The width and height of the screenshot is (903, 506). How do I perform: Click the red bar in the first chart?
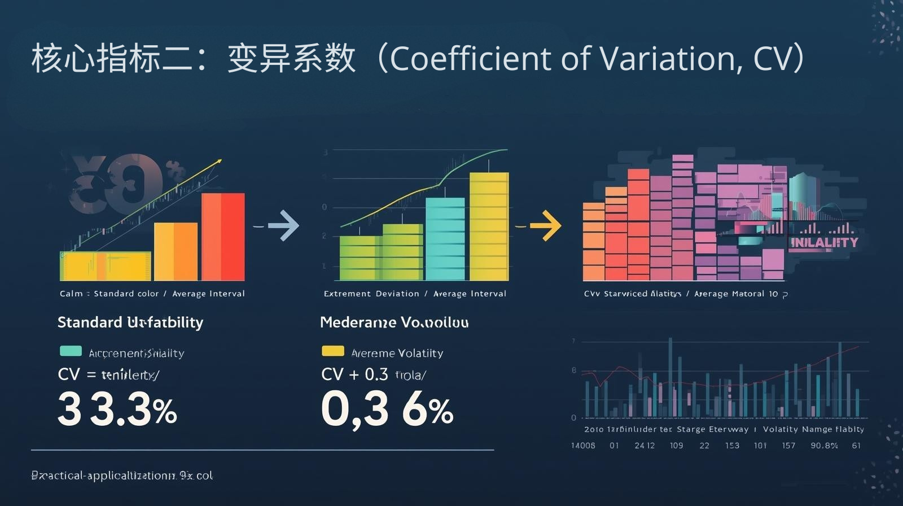[x=223, y=237]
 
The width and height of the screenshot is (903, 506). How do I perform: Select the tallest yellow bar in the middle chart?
[x=489, y=226]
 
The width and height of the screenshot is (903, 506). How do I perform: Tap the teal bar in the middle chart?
[x=445, y=239]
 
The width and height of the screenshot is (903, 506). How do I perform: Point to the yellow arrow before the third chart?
[x=545, y=226]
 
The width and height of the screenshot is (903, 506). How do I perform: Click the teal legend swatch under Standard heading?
[x=71, y=351]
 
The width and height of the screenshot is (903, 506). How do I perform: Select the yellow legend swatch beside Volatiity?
[x=332, y=351]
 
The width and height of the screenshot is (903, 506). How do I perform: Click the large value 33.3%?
[x=117, y=410]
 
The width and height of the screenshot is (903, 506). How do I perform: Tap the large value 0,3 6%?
[x=387, y=410]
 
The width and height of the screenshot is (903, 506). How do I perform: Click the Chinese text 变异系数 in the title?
[x=291, y=58]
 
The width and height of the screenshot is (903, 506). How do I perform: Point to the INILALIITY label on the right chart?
[x=824, y=243]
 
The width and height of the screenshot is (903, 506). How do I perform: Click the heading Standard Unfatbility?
[x=130, y=322]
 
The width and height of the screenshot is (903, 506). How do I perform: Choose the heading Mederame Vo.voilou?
[x=394, y=322]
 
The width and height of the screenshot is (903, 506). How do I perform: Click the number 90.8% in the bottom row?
[x=824, y=446]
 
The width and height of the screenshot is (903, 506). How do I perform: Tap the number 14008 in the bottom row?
[x=583, y=446]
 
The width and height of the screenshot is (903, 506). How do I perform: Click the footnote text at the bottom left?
[x=122, y=476]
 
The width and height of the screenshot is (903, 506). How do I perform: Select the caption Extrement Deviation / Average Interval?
[x=415, y=294]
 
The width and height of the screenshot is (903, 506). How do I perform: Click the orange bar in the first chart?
[x=176, y=251]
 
